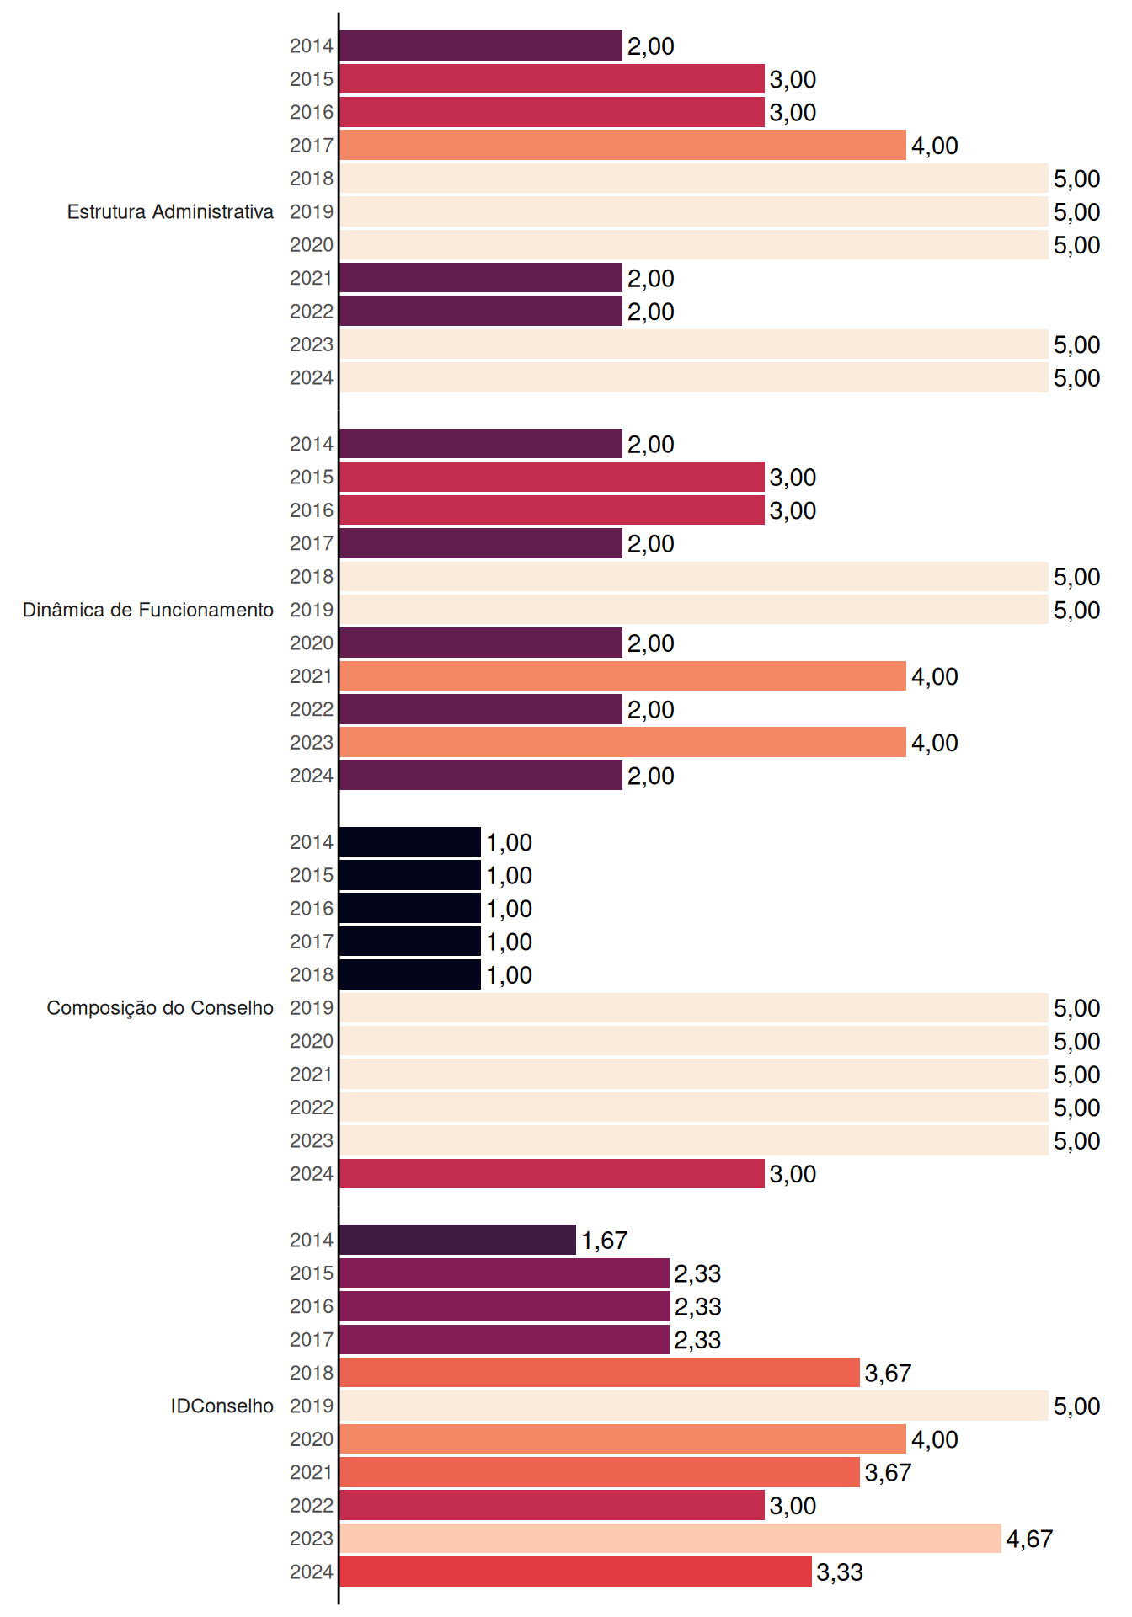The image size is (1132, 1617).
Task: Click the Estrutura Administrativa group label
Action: [x=170, y=211]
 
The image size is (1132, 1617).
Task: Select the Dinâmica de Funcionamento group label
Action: [x=148, y=610]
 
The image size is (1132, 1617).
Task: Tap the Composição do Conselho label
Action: [x=160, y=1008]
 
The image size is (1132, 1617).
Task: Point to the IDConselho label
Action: [x=222, y=1406]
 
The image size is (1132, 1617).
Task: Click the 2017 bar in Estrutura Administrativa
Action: [x=622, y=146]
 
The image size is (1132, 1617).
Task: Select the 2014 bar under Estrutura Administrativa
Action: [x=481, y=45]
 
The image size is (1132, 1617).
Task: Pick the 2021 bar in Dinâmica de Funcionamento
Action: [x=622, y=676]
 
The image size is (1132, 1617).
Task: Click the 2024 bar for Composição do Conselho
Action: [x=552, y=1173]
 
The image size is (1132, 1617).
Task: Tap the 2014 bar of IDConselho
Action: [x=457, y=1240]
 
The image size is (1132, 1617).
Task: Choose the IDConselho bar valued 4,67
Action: [x=670, y=1539]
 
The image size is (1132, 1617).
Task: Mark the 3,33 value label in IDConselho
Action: [x=840, y=1572]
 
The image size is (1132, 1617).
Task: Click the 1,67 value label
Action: [x=604, y=1241]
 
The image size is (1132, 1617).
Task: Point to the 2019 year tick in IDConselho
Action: [x=312, y=1406]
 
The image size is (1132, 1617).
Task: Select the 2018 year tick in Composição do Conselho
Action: [x=312, y=974]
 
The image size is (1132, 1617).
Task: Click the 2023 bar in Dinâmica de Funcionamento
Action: [x=622, y=742]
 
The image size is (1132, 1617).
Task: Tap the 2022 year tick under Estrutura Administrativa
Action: [x=312, y=312]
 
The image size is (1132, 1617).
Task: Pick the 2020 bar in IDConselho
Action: [x=622, y=1439]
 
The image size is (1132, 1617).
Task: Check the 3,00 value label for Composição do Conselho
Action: [x=793, y=1174]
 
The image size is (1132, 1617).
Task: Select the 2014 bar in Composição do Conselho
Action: [x=410, y=842]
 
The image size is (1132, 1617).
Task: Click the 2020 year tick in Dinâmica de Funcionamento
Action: [x=312, y=643]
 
